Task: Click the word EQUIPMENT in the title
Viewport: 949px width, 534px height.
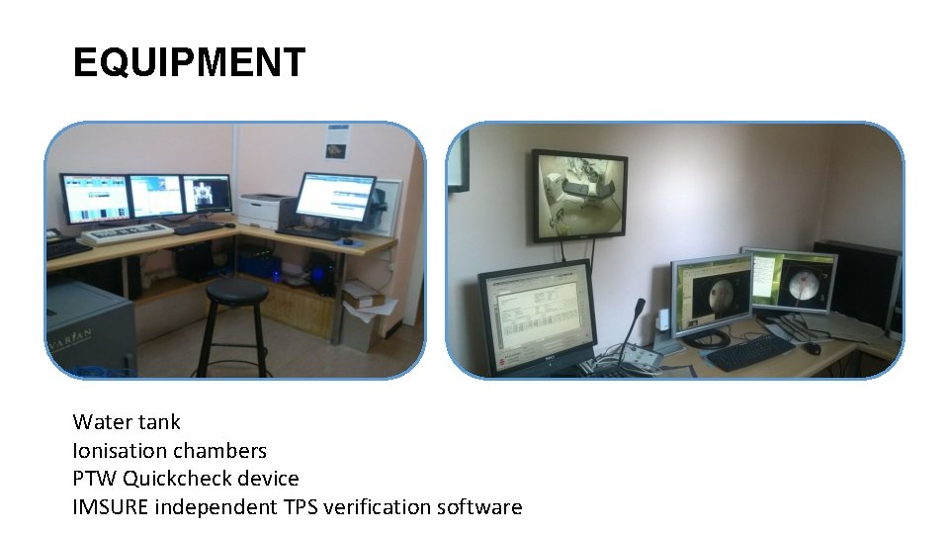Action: [189, 63]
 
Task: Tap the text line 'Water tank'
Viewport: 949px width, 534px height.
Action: [127, 422]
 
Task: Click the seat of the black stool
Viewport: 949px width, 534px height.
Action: [236, 291]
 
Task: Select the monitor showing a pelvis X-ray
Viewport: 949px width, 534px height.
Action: [207, 194]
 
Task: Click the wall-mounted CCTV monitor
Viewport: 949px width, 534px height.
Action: [578, 195]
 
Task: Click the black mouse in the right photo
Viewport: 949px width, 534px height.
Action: [812, 348]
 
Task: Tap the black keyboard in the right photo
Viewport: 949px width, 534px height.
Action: [750, 352]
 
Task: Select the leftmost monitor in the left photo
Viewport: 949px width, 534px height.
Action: [95, 199]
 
